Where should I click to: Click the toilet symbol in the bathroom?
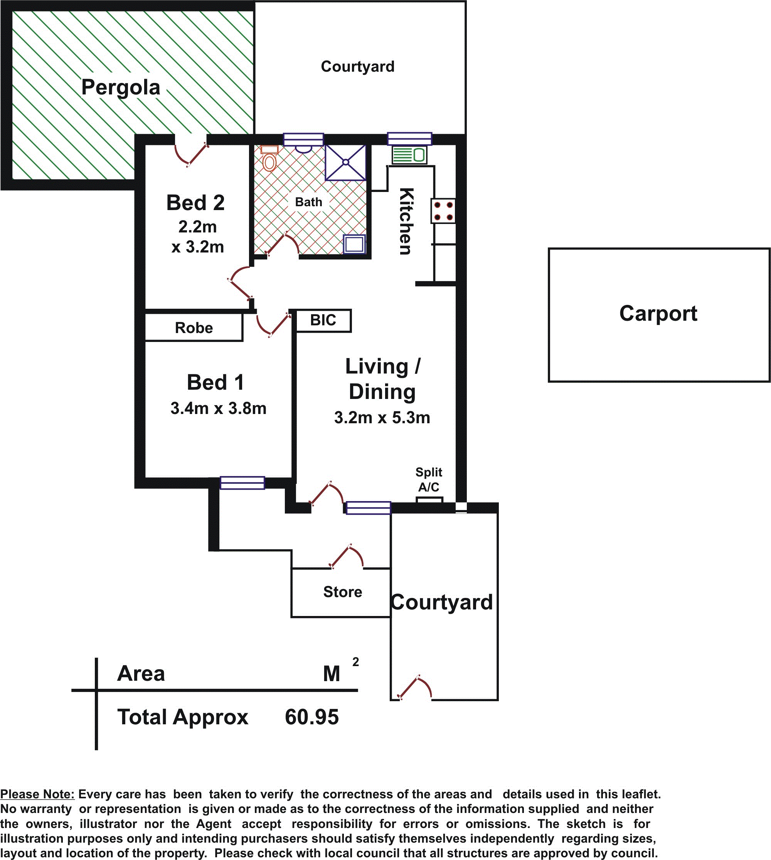click(269, 158)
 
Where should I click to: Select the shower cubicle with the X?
click(345, 162)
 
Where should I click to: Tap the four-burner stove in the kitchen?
click(443, 211)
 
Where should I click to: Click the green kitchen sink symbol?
click(409, 155)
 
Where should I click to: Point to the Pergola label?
click(121, 88)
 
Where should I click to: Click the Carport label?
click(658, 313)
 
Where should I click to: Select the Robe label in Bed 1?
click(194, 328)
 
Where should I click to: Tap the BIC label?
click(323, 320)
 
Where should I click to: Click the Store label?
click(342, 592)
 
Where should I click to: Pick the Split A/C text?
click(429, 480)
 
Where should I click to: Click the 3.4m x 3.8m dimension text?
click(218, 408)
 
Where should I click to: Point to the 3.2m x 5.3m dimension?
click(382, 418)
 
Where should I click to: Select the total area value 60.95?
click(311, 717)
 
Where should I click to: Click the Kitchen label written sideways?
click(406, 221)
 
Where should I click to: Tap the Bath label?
click(308, 202)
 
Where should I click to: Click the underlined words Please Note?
click(37, 794)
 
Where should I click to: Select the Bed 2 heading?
click(195, 202)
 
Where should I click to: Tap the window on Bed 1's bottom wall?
click(242, 483)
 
